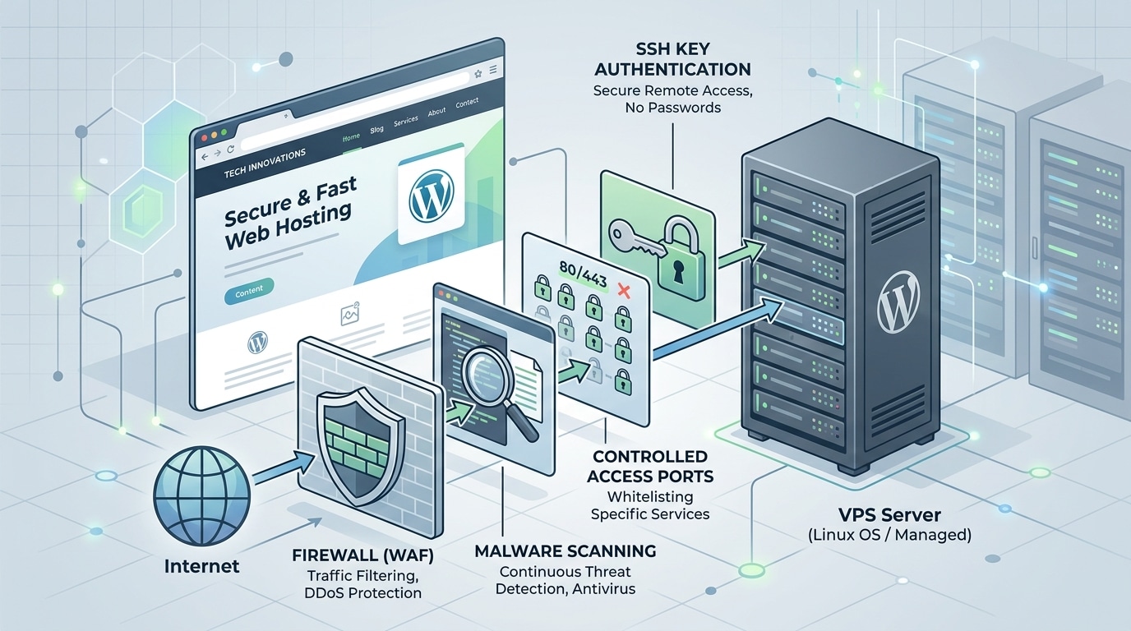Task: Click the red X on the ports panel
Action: pyautogui.click(x=621, y=289)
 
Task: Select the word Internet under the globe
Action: pyautogui.click(x=201, y=565)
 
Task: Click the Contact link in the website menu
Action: pyautogui.click(x=467, y=103)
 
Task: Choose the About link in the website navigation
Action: pyautogui.click(x=436, y=112)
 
